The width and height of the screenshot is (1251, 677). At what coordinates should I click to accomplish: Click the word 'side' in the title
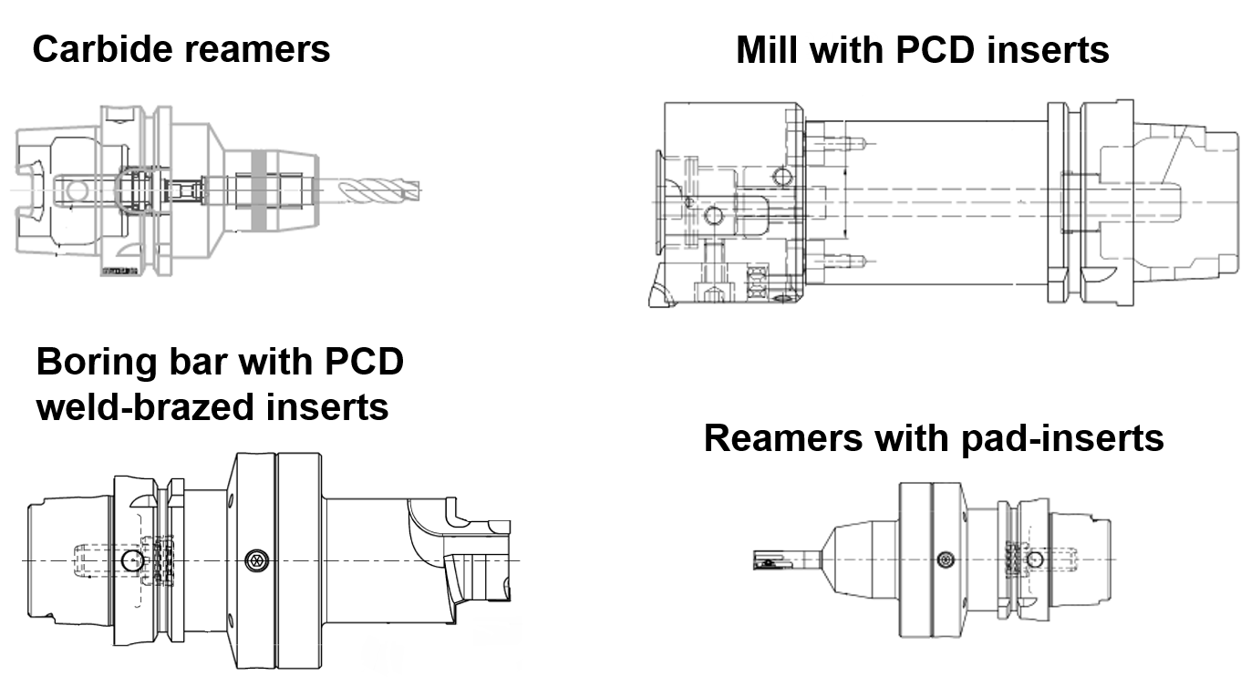pyautogui.click(x=927, y=46)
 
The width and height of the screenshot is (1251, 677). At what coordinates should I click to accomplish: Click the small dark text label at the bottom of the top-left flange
pyautogui.click(x=118, y=271)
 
